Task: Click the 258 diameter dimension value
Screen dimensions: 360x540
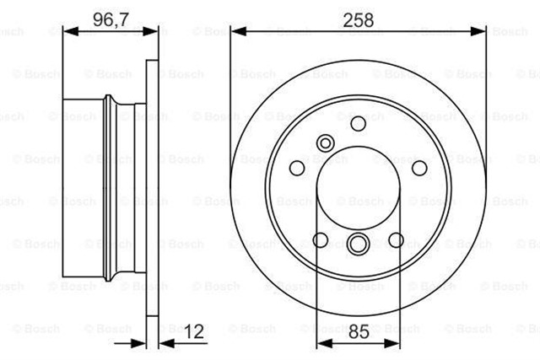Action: coord(358,17)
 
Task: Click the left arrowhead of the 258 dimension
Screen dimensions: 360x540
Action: coord(235,32)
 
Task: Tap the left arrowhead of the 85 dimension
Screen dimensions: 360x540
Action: coord(321,343)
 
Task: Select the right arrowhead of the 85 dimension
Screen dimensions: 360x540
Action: coord(397,343)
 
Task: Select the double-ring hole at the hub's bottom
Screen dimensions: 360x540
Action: coord(358,245)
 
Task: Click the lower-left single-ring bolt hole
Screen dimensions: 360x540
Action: coord(321,240)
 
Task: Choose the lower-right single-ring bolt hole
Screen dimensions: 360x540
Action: coord(396,240)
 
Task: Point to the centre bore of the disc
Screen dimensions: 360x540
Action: coord(358,189)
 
